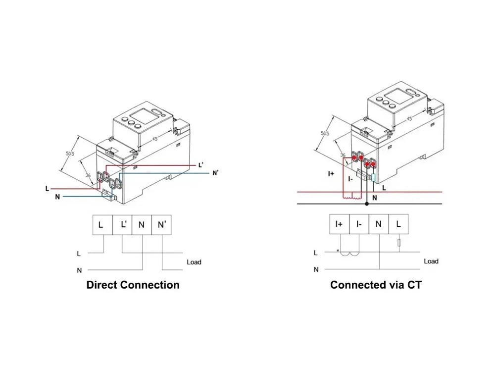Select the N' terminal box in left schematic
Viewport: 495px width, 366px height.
tap(161, 225)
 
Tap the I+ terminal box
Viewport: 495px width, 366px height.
tap(340, 224)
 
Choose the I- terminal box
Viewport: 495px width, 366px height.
tap(359, 224)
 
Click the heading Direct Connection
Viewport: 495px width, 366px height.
tap(133, 285)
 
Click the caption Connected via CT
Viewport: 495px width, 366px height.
tap(376, 285)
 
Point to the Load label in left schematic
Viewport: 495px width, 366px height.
tap(194, 262)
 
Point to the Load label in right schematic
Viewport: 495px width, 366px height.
tap(431, 261)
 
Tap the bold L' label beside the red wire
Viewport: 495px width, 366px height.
tap(200, 165)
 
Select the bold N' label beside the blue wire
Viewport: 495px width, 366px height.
tap(215, 173)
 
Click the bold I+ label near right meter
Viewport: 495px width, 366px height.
tap(331, 174)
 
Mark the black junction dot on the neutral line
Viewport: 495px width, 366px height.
tap(366, 204)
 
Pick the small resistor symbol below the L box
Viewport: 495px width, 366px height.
tap(398, 243)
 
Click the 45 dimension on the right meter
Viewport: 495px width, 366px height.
tap(409, 119)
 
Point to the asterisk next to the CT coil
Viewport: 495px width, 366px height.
tap(338, 251)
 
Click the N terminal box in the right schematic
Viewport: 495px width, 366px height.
tap(379, 224)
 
